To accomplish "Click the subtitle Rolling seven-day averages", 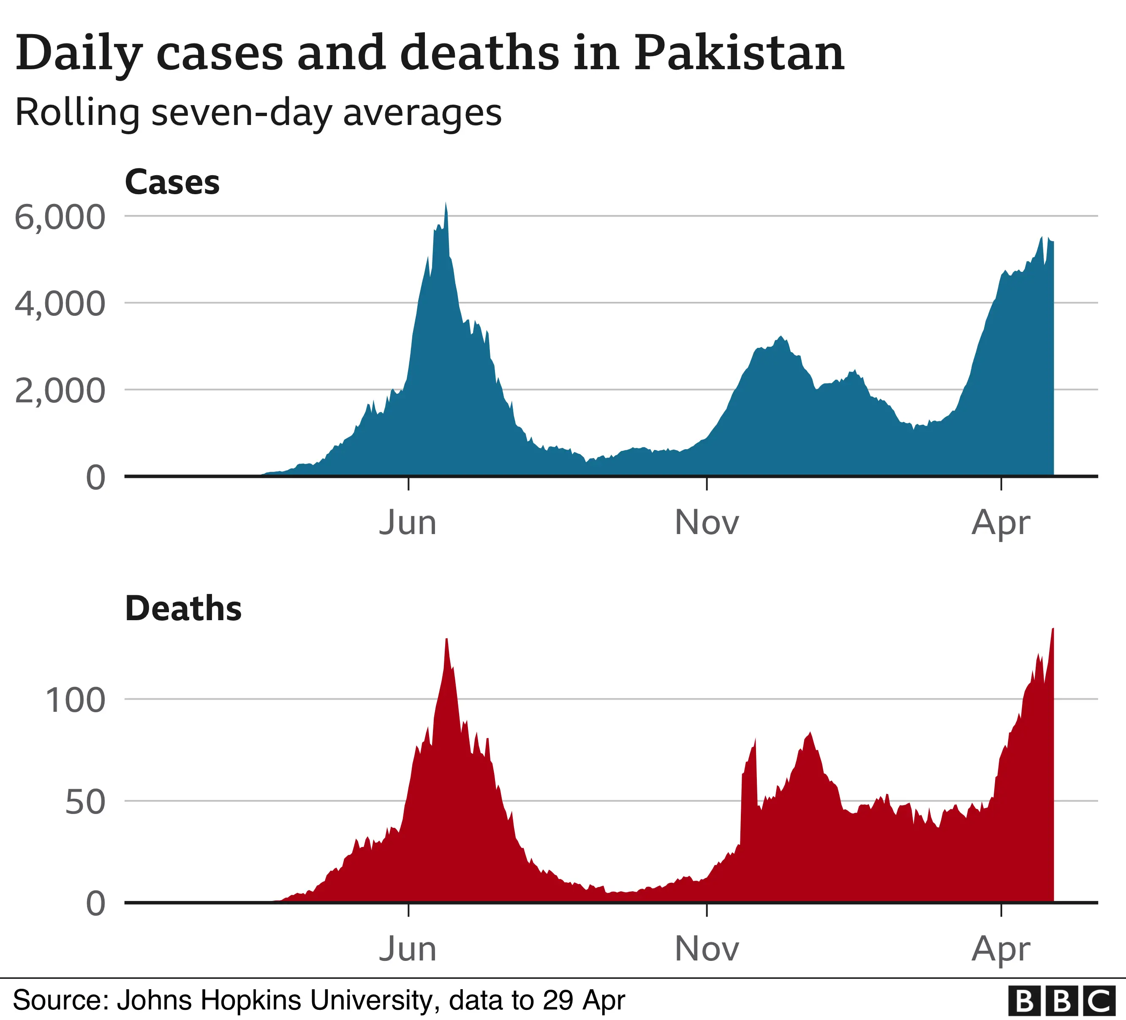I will click(x=258, y=113).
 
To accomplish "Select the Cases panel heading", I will click(x=172, y=182).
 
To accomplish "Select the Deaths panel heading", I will click(x=183, y=608).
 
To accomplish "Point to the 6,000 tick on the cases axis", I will click(x=60, y=217).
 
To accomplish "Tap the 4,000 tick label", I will click(x=60, y=304).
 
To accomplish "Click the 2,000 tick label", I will click(x=60, y=391).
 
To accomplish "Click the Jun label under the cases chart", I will click(x=408, y=523).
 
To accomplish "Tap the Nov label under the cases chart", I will click(x=707, y=523).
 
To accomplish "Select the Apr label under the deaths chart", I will click(x=1000, y=949).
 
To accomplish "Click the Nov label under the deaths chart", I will click(x=707, y=949).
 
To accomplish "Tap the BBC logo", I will click(x=1061, y=1001).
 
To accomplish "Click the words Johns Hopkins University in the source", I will click(x=274, y=1000).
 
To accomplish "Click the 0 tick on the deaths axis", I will click(x=95, y=903).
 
